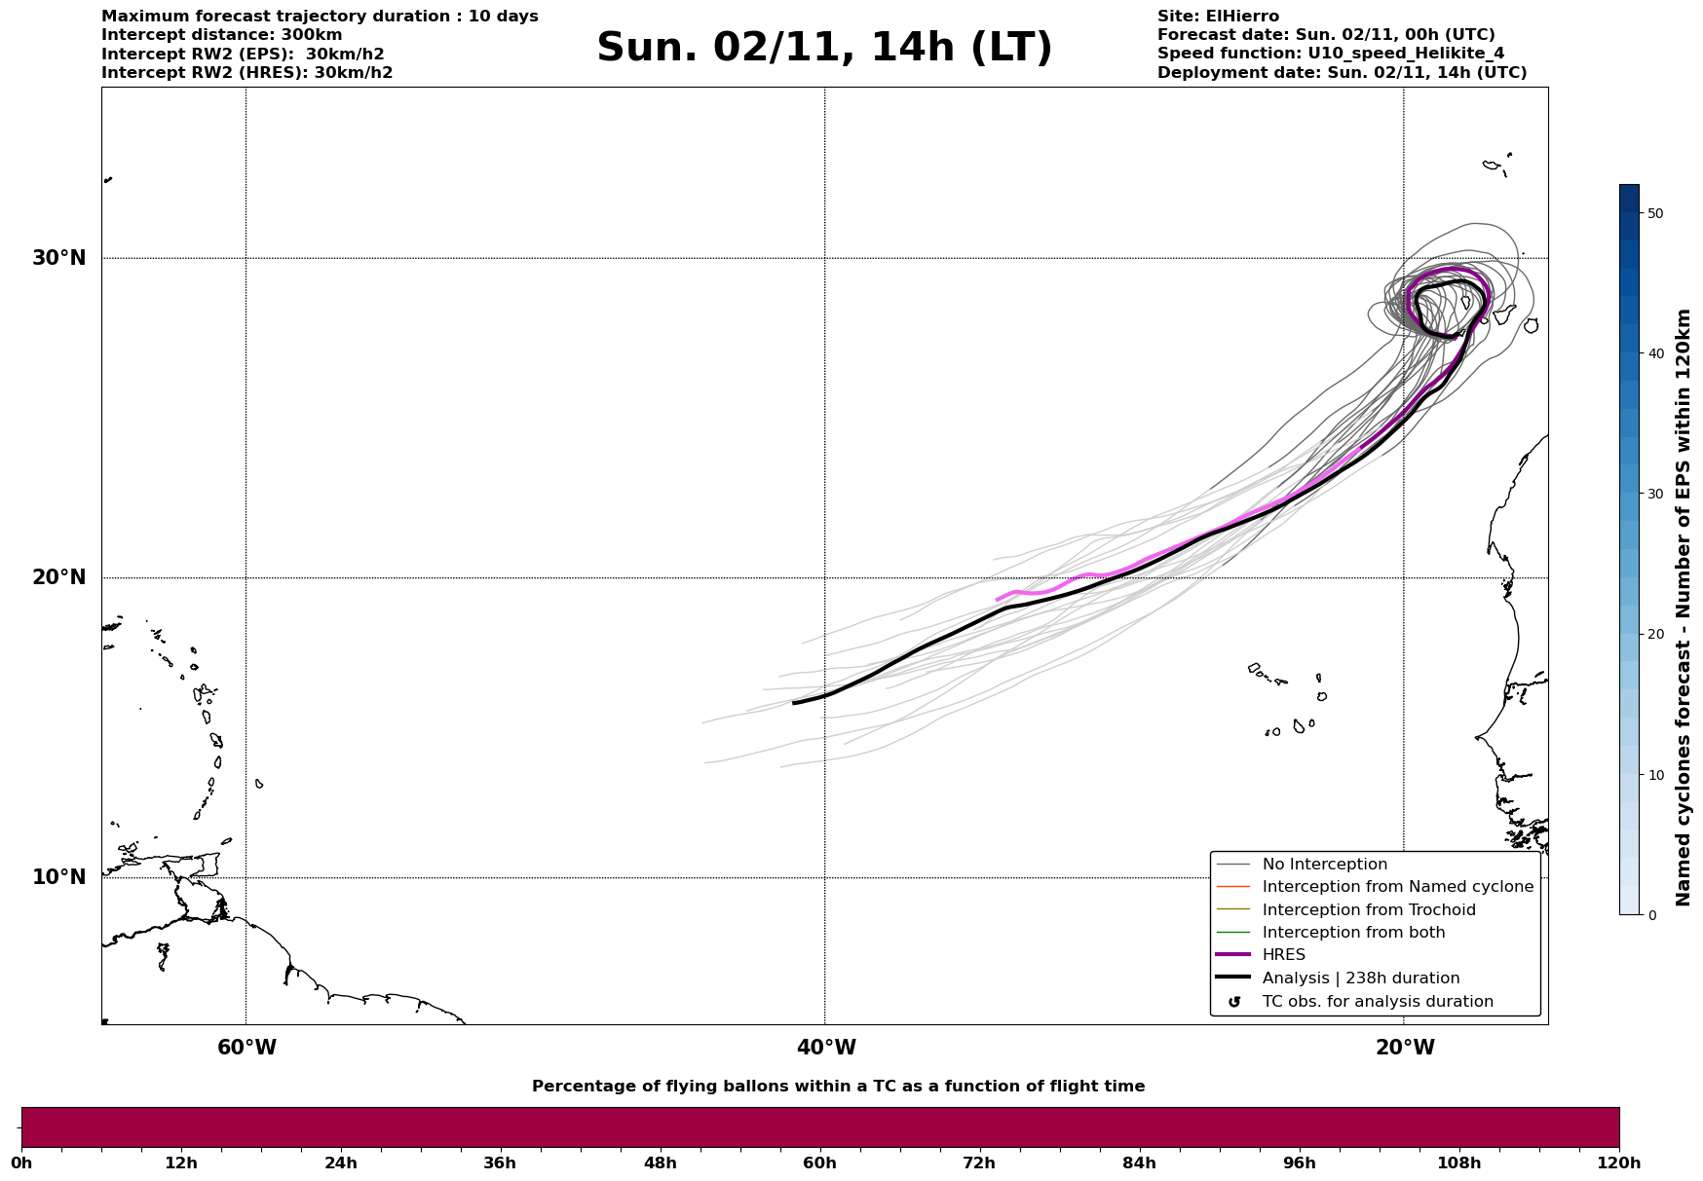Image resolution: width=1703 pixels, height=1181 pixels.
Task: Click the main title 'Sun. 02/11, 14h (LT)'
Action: [824, 48]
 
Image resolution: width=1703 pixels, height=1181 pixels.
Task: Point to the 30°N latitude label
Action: [59, 258]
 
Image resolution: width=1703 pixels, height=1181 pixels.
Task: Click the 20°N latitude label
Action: [59, 577]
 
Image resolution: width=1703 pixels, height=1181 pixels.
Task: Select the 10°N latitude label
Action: [59, 877]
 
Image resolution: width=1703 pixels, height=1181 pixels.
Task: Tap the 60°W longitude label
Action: [246, 1048]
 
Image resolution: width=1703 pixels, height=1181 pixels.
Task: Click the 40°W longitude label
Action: [826, 1048]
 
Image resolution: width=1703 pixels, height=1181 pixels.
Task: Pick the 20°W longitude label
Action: [1405, 1048]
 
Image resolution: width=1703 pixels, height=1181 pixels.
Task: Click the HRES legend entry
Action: [1283, 955]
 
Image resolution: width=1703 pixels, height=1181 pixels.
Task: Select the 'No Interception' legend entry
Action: [1324, 865]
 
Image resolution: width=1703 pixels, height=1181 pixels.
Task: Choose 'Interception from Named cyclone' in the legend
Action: [1397, 887]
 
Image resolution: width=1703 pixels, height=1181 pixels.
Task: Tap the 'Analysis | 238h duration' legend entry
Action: [1360, 978]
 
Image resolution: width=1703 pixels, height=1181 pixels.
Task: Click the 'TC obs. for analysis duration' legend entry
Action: [1377, 1002]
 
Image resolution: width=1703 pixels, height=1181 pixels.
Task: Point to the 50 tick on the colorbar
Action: [1654, 213]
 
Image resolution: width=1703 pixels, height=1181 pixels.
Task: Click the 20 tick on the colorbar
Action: [1654, 634]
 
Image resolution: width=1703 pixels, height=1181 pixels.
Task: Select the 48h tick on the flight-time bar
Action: [660, 1163]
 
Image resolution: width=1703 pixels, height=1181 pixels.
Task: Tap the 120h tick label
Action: [1618, 1163]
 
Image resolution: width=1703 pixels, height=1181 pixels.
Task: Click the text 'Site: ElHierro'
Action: [1218, 17]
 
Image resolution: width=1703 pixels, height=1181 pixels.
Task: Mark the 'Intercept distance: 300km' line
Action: [221, 35]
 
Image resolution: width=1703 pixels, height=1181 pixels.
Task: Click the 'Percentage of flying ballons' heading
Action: [838, 1087]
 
